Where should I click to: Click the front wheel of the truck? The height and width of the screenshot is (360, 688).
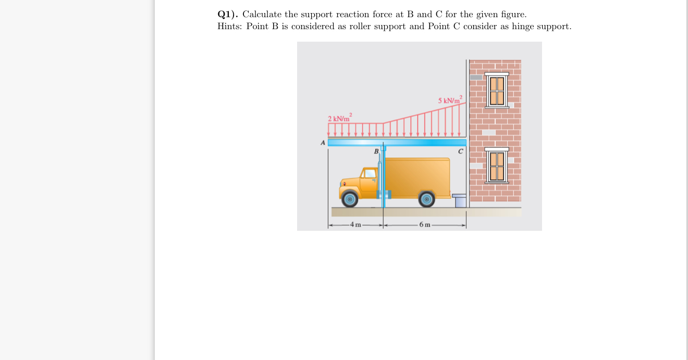click(350, 198)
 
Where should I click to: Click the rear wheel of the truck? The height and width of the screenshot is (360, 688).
click(427, 199)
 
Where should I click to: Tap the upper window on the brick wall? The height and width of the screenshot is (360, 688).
click(496, 90)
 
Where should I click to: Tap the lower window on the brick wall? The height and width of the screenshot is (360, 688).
click(496, 166)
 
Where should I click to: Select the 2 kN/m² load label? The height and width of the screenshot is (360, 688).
click(340, 118)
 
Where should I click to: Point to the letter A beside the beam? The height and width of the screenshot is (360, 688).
click(323, 142)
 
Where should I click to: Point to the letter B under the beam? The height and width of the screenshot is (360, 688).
click(376, 152)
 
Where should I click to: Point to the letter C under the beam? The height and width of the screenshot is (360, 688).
click(460, 152)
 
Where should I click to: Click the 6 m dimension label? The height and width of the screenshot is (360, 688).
click(425, 225)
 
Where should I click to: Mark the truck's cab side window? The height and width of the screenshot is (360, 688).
click(370, 173)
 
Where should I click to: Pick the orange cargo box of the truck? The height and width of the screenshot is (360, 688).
click(417, 177)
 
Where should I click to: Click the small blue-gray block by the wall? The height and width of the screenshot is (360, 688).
click(459, 201)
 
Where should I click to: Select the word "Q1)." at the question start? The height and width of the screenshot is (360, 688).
click(228, 14)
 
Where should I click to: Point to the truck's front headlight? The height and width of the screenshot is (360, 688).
click(344, 184)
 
